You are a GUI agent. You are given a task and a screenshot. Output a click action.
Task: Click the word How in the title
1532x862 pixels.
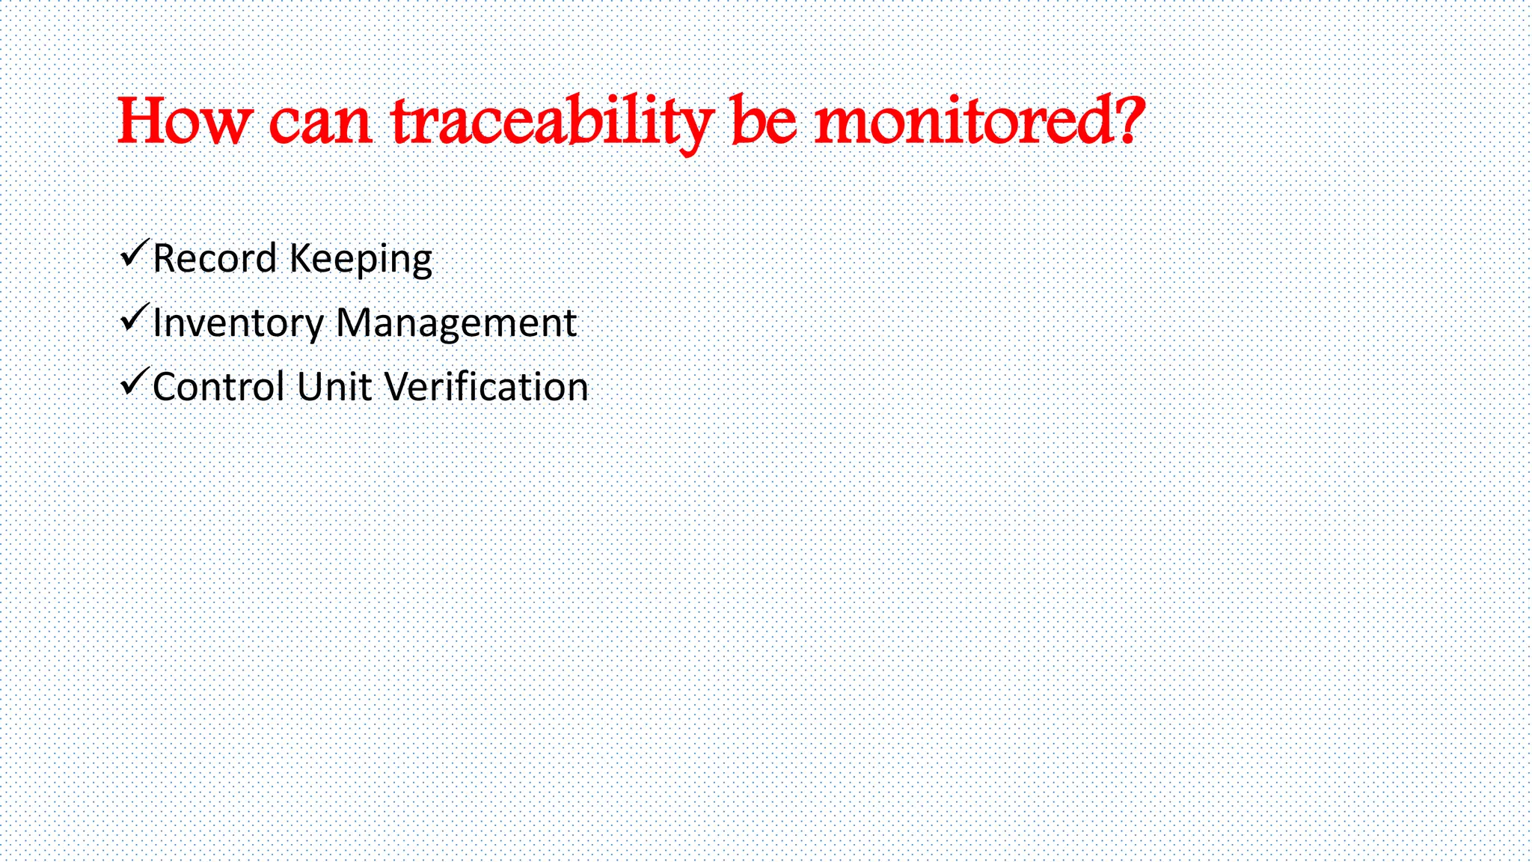[183, 121]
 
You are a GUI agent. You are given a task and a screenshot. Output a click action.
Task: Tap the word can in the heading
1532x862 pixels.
[319, 123]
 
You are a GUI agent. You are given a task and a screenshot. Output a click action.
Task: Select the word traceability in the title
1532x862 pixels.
[552, 123]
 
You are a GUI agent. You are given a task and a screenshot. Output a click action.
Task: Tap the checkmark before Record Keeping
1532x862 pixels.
[134, 254]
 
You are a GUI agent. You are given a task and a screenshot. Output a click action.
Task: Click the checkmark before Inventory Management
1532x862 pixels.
[134, 319]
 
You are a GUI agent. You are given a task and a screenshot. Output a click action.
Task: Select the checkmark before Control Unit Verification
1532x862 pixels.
[134, 383]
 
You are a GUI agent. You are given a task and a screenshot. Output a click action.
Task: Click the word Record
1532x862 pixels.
[215, 259]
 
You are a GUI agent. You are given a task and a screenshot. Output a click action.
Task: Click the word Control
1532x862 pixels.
[219, 388]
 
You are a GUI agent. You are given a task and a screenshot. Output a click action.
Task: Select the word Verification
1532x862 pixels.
[486, 388]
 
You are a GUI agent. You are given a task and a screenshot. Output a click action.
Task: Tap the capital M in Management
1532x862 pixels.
[355, 323]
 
